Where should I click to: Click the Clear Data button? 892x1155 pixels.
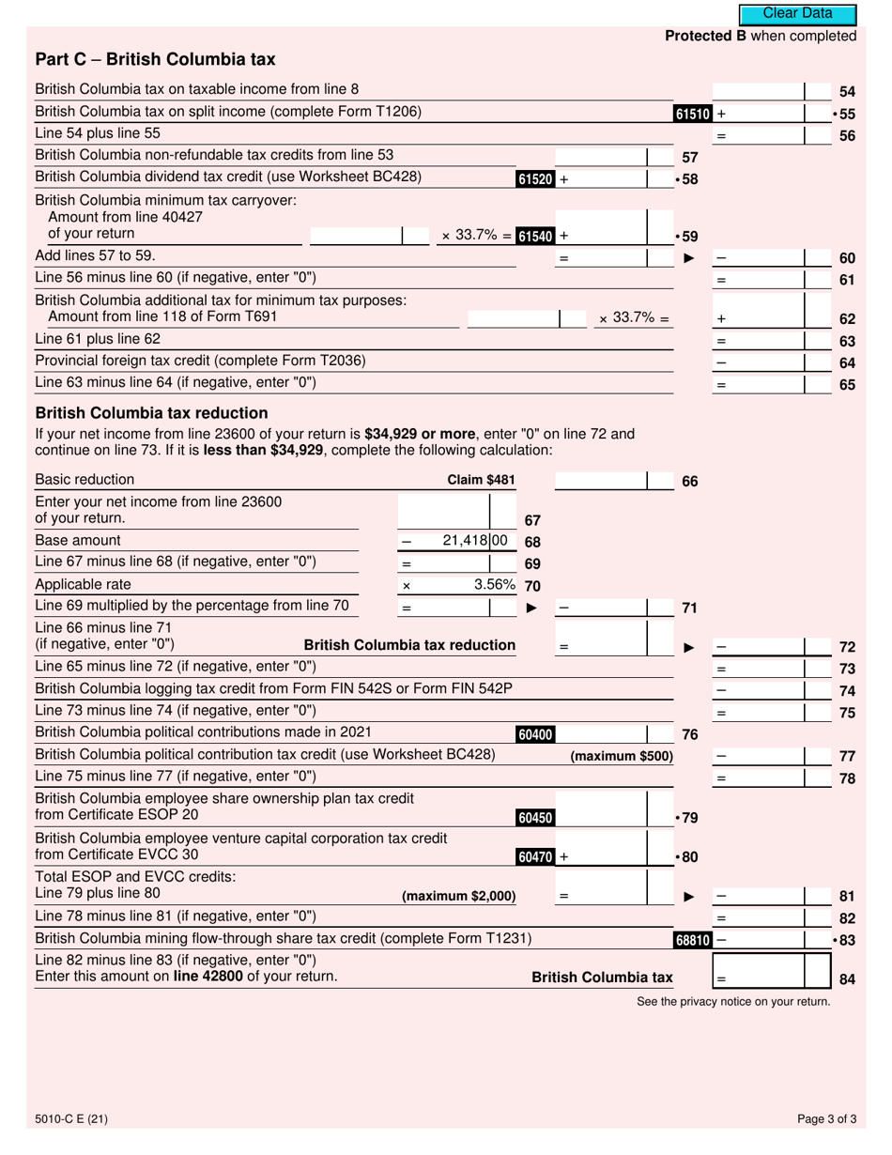tap(797, 14)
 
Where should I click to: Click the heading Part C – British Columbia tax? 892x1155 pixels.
tap(155, 60)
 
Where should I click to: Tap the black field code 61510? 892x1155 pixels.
tap(693, 115)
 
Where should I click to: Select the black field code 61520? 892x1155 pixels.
tap(534, 178)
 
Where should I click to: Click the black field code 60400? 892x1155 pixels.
tap(534, 735)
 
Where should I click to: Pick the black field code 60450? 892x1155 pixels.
tap(534, 818)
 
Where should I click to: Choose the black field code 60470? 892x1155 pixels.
tap(534, 856)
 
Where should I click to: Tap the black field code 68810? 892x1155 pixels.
tap(693, 940)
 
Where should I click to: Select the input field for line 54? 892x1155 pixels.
tap(759, 91)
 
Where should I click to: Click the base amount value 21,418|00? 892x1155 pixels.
tap(474, 541)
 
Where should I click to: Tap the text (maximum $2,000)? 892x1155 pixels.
tap(458, 896)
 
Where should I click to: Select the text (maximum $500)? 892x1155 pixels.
tap(622, 756)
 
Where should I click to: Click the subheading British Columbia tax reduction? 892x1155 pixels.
tap(151, 413)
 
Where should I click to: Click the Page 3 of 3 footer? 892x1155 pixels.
tap(826, 1118)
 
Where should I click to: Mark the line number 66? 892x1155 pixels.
tap(689, 482)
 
